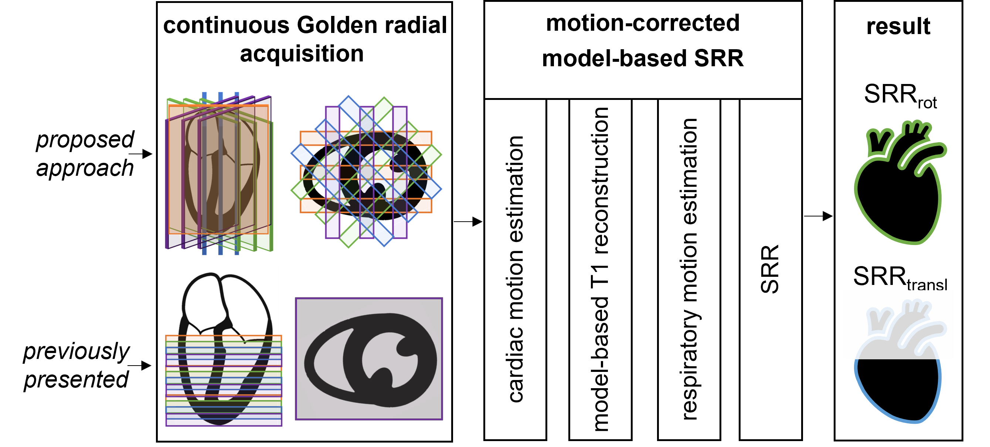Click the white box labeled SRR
[770, 269]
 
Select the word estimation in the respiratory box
[690, 171]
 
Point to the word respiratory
[690, 366]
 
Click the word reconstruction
[600, 181]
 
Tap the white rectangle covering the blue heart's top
[898, 324]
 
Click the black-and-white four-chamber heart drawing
[227, 308]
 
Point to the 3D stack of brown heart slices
[219, 173]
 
